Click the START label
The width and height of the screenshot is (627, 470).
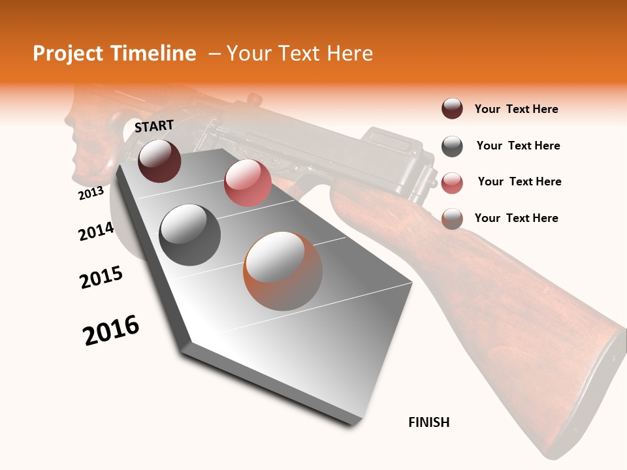(x=154, y=126)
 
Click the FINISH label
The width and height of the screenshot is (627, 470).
(x=429, y=422)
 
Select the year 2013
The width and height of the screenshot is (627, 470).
(x=91, y=193)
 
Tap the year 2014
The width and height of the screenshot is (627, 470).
(x=96, y=231)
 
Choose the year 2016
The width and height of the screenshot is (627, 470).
(x=111, y=330)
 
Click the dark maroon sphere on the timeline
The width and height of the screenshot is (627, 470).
(x=160, y=161)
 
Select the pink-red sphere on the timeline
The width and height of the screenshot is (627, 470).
(x=248, y=183)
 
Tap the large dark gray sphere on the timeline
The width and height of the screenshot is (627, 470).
(x=190, y=235)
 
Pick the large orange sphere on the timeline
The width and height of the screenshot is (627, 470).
(x=283, y=271)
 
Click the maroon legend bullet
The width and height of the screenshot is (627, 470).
(x=452, y=109)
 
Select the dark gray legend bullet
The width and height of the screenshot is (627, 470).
(x=452, y=146)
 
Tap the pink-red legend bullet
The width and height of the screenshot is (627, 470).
(x=452, y=183)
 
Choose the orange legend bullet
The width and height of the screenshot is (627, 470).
(x=452, y=219)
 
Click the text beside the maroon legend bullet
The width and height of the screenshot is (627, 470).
(x=516, y=110)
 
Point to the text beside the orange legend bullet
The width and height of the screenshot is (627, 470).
(x=516, y=218)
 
